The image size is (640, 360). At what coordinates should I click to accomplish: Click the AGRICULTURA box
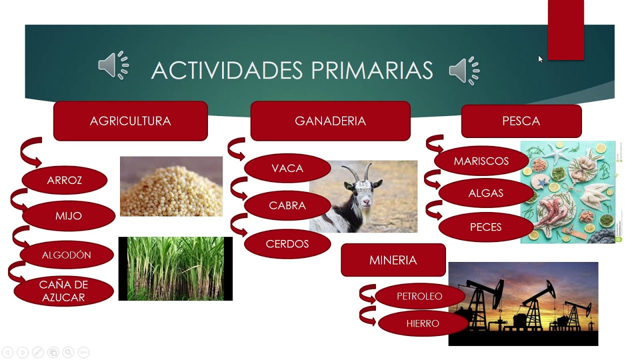(x=130, y=121)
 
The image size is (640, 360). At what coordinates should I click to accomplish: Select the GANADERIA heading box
(x=330, y=121)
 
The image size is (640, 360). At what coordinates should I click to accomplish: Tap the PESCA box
(x=521, y=121)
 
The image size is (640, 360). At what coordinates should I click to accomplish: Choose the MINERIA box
(x=393, y=260)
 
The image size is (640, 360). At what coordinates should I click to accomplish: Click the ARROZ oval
(x=64, y=180)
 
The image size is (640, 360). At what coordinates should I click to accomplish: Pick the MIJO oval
(x=68, y=215)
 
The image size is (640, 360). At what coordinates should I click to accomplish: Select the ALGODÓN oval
(x=66, y=255)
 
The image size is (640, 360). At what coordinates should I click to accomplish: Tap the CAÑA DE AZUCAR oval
(x=63, y=291)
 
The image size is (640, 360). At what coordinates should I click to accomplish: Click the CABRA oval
(x=287, y=205)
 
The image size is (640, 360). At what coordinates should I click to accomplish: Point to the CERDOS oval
(x=287, y=243)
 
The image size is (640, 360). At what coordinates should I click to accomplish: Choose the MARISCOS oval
(x=481, y=161)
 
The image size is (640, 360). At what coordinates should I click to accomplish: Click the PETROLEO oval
(x=419, y=296)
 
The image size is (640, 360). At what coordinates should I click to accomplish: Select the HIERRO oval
(x=423, y=323)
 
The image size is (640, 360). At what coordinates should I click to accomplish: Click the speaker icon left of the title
(x=113, y=65)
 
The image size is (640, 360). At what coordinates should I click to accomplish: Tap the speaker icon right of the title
(x=464, y=71)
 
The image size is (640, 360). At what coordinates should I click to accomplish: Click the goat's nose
(x=366, y=202)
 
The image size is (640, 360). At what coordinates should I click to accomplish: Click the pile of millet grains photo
(x=171, y=186)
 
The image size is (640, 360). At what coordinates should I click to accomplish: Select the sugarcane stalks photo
(x=175, y=268)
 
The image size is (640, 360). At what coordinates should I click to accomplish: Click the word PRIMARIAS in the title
(x=372, y=70)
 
